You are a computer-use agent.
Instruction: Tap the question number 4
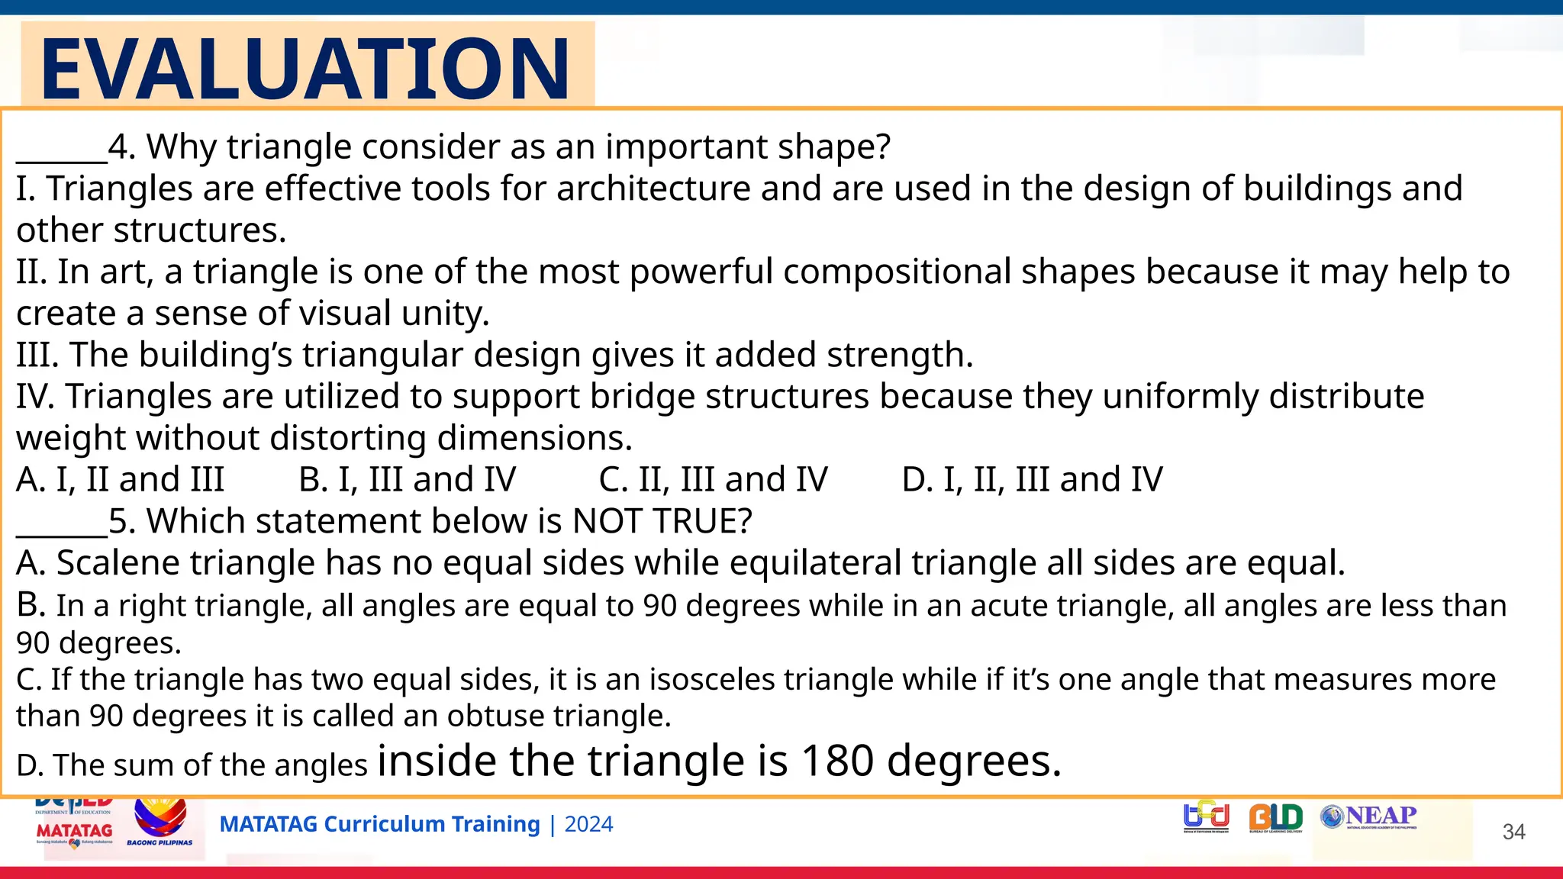coord(118,146)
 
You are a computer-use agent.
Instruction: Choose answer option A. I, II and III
coord(121,480)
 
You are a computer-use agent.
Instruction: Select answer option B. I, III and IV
coord(407,480)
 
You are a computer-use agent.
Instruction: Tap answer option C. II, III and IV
coord(713,480)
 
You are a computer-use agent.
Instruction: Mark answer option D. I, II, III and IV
coord(1032,480)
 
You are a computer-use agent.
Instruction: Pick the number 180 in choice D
coord(837,761)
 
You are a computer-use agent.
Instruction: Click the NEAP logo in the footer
coord(1369,817)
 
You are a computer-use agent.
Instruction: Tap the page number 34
coord(1513,832)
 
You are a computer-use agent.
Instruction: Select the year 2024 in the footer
coord(588,825)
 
